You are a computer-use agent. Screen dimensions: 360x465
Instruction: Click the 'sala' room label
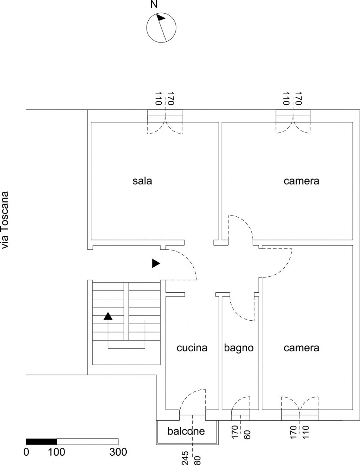click(142, 181)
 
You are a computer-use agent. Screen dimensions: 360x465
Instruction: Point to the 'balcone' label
click(186, 431)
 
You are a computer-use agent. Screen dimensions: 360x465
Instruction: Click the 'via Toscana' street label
click(5, 220)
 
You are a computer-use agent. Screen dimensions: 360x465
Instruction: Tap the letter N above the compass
click(154, 4)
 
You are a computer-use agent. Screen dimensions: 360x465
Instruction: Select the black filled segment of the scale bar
click(41, 442)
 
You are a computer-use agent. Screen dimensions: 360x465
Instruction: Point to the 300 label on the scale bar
click(118, 452)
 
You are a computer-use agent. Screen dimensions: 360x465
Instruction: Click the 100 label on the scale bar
click(56, 452)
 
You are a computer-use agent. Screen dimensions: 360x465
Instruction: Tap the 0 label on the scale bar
click(26, 452)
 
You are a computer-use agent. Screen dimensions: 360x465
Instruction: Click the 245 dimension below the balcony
click(185, 458)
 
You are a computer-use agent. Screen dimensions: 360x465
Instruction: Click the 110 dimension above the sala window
click(158, 99)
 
